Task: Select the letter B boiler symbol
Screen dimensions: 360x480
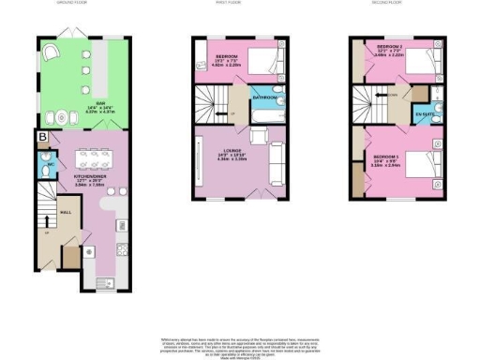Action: (x=41, y=138)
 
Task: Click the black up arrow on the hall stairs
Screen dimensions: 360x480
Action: (x=47, y=222)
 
